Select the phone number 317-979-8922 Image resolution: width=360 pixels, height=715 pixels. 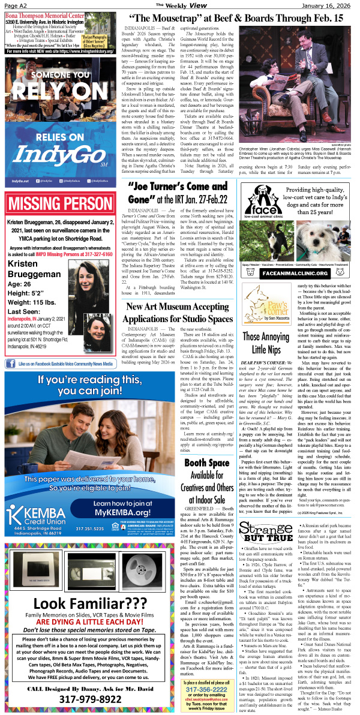click(61, 699)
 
